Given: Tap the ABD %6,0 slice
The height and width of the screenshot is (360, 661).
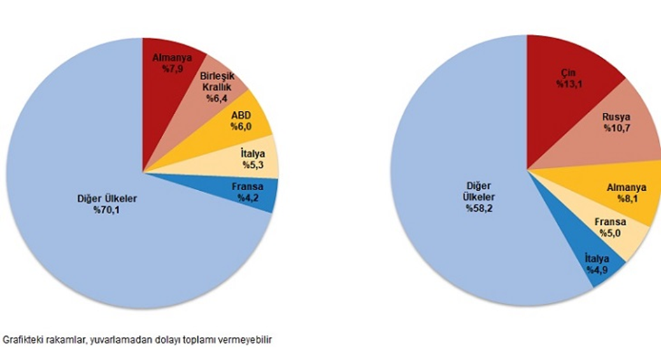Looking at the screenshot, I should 245,123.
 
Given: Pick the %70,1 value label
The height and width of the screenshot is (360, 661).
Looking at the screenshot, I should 106,208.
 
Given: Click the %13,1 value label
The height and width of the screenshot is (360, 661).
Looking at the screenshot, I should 569,85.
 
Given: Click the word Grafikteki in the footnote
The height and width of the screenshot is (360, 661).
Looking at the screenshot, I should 22,340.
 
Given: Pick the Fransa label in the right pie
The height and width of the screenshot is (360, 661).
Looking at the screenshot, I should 609,222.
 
